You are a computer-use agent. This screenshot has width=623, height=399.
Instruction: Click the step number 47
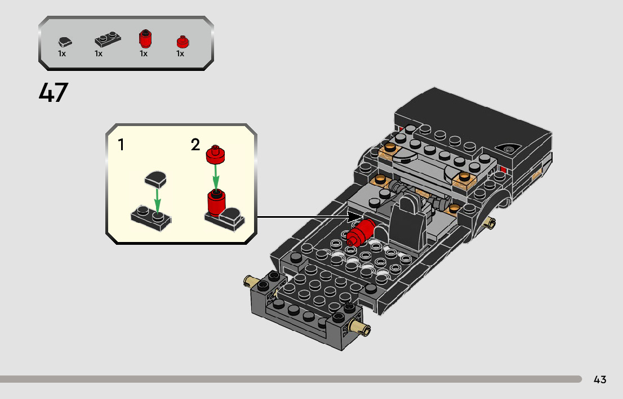coord(54,92)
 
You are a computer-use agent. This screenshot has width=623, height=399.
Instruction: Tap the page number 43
coord(600,379)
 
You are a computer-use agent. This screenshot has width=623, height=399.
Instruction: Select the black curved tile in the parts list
coord(65,42)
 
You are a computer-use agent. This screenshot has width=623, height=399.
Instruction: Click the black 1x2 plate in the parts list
coord(108,40)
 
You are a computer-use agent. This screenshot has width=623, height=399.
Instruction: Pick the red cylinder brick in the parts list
coord(145,39)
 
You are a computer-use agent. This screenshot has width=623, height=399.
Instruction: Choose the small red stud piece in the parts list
coord(183,42)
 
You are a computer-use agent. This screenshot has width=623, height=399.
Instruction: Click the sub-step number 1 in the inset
coord(121,145)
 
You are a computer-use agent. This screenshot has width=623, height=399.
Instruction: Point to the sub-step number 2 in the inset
coord(195,145)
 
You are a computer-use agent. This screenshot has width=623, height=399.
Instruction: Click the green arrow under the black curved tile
coord(158,201)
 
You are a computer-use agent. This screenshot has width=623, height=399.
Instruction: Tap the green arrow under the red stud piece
coord(216,177)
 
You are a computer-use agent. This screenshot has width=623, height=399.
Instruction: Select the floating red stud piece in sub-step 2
coord(215,154)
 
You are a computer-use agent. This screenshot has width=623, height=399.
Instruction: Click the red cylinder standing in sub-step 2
coord(216,203)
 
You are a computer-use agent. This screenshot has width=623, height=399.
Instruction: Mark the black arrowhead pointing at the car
coord(355,217)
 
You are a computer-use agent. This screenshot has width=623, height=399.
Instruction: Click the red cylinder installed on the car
coord(361,232)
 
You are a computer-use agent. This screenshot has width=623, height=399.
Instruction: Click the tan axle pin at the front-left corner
coord(251,281)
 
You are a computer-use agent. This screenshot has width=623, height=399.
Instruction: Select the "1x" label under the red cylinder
coord(144,53)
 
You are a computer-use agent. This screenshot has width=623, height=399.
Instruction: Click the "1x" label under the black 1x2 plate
coord(99,53)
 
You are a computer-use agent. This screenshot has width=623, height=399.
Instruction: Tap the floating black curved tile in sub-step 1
coord(155,180)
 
